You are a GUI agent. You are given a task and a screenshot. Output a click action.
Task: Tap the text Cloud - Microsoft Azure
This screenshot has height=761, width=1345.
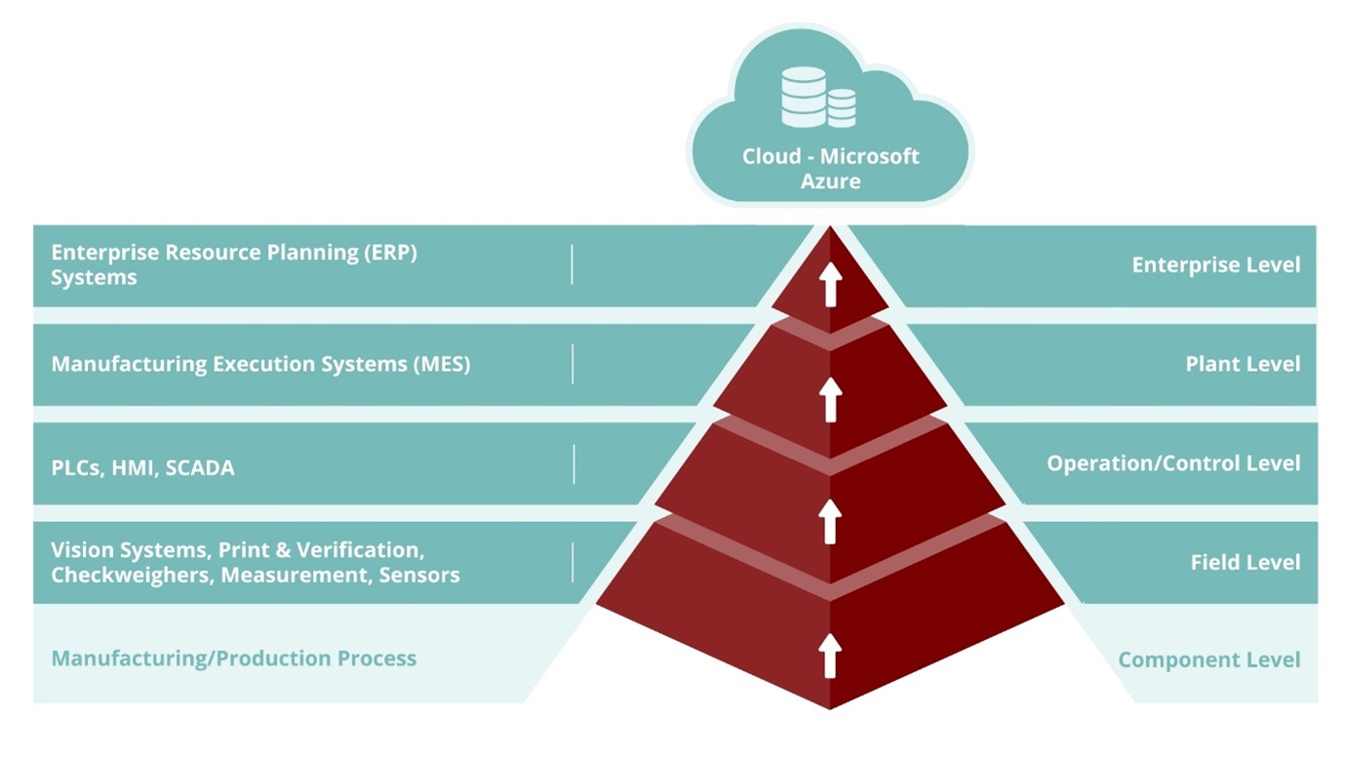(x=830, y=168)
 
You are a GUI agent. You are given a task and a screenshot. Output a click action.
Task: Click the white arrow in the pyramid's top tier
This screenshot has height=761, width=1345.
(x=830, y=284)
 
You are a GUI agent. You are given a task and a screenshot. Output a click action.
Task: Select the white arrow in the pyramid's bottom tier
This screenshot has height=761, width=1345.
(x=830, y=655)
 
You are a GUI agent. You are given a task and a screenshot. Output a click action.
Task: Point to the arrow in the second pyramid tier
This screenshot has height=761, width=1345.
(x=830, y=400)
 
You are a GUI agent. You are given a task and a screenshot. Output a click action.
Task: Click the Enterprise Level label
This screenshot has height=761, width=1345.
(x=1215, y=265)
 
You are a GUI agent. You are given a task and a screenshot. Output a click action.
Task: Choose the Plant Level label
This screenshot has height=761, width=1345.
(x=1243, y=364)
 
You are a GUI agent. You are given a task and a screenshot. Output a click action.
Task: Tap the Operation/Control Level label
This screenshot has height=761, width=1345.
(x=1173, y=462)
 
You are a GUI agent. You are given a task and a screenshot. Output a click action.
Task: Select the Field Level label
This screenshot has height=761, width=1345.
(x=1245, y=562)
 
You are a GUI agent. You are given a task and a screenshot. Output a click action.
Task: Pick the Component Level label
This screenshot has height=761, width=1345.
(x=1208, y=661)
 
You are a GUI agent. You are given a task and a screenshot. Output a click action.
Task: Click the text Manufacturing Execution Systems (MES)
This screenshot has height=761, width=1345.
(x=260, y=364)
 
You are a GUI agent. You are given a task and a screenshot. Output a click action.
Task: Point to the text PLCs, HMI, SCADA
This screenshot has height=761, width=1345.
(x=142, y=468)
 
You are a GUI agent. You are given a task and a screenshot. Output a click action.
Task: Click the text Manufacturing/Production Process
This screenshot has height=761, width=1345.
(x=233, y=659)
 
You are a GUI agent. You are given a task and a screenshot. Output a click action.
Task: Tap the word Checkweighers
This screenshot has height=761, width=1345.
(x=132, y=575)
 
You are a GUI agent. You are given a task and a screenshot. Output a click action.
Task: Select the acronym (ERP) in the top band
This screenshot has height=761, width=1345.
(x=390, y=252)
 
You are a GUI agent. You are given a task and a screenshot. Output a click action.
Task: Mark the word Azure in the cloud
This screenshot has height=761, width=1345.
(x=830, y=180)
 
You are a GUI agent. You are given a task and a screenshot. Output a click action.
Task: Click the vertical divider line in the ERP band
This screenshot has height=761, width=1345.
(x=572, y=264)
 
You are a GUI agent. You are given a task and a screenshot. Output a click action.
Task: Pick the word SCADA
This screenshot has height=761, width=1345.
(x=200, y=468)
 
